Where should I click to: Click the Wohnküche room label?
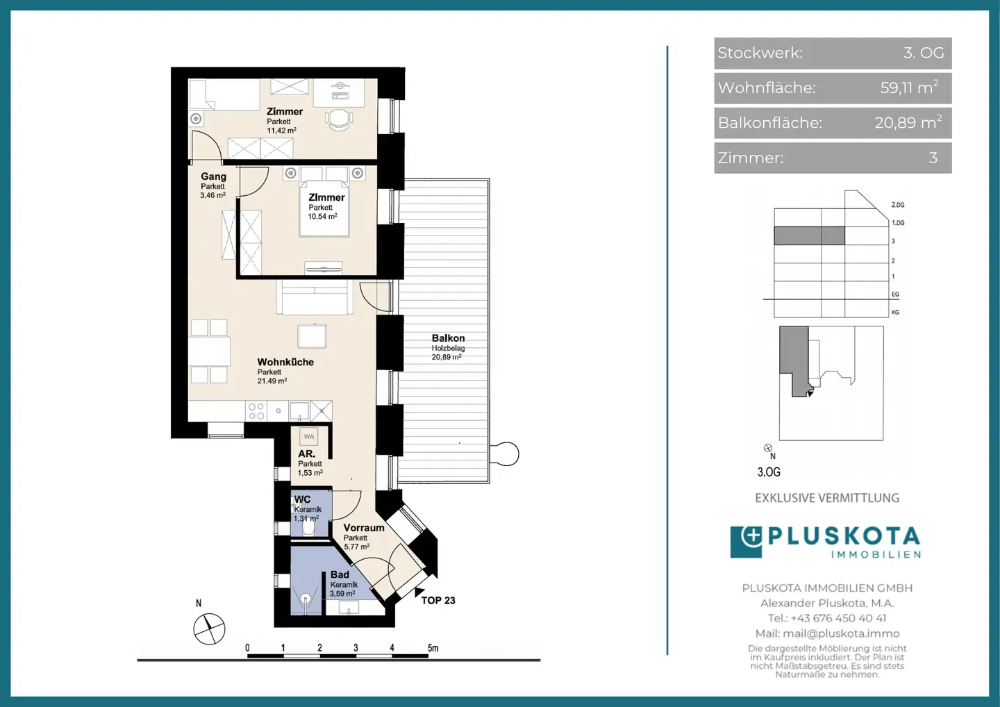(285, 362)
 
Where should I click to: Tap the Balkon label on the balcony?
(448, 338)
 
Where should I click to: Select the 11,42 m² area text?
(282, 131)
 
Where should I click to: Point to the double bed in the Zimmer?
(324, 208)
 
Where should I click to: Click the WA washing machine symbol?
(309, 437)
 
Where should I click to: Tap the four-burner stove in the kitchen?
(256, 411)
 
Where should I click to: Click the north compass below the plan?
(209, 629)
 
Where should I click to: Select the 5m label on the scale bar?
(433, 648)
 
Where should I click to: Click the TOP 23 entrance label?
(438, 600)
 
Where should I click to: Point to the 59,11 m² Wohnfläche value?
(910, 88)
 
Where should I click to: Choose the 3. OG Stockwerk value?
(924, 53)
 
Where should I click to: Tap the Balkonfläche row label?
(769, 123)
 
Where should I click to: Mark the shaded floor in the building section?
(809, 235)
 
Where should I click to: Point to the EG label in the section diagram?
(895, 294)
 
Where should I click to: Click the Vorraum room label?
(364, 528)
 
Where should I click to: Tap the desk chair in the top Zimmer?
(340, 119)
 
